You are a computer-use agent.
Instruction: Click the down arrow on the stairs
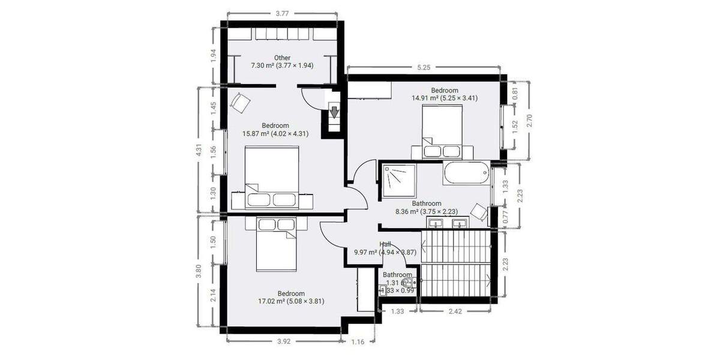coord(334,112)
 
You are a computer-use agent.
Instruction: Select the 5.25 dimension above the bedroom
coord(424,67)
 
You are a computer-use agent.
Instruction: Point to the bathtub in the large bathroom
coord(466,173)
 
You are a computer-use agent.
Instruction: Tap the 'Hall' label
coord(385,244)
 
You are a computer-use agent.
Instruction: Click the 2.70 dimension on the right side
coord(529,121)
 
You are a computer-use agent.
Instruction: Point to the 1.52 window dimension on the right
coord(515,126)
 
